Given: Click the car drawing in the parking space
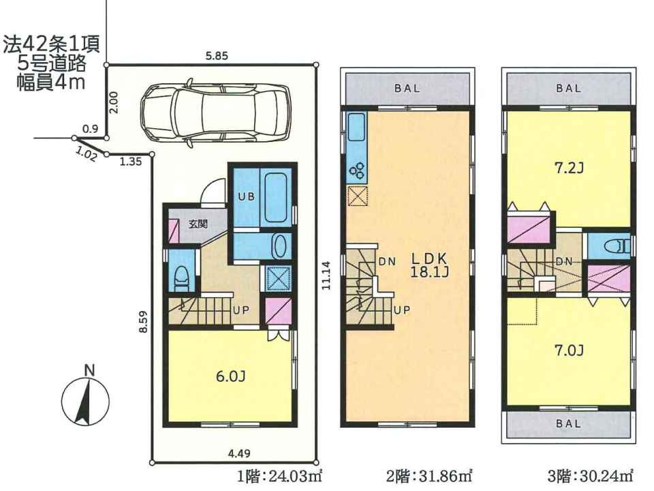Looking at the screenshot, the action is tap(215, 112).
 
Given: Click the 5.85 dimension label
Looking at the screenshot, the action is tap(217, 56).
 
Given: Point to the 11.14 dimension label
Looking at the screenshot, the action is tap(326, 275).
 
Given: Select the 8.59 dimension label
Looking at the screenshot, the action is tap(144, 323).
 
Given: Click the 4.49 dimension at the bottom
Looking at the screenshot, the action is tap(238, 453).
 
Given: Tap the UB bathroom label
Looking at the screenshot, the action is tap(246, 196).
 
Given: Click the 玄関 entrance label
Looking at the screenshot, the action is tap(198, 224).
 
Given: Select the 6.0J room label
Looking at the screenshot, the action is tap(230, 376).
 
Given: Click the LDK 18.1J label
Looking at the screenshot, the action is tap(430, 265).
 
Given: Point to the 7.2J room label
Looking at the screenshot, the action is tap(568, 168).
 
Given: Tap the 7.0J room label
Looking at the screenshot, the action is tap(568, 350).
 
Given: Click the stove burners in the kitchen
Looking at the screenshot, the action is tap(358, 169).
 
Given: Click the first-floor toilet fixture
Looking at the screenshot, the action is tap(181, 279).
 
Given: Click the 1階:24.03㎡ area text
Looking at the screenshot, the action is tap(280, 476).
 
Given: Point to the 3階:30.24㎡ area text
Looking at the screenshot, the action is tap(591, 476).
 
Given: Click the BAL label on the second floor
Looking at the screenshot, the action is tap(407, 89).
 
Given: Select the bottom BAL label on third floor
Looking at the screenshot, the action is tap(568, 423).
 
